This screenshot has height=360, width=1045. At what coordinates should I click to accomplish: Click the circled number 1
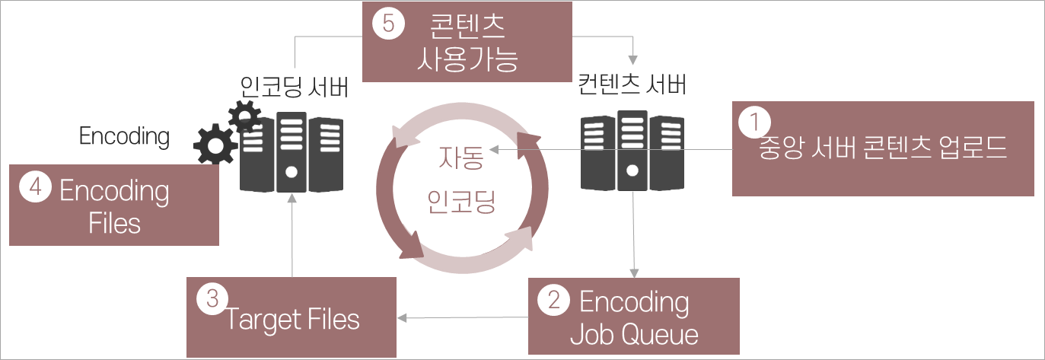pos(754,121)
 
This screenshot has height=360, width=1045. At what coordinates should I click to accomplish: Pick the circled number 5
pos(387,24)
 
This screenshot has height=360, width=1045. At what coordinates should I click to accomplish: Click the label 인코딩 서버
pos(293,86)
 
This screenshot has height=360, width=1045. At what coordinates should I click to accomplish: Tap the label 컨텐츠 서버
pos(632,84)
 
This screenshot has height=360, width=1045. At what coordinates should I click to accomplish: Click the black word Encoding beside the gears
pos(124,136)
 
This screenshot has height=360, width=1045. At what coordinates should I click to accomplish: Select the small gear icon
pos(244,116)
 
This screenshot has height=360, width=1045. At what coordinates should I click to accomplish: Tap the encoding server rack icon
pos(292,151)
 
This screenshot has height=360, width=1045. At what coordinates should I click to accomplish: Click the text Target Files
pos(293,320)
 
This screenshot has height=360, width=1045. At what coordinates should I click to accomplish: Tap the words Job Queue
pos(633,333)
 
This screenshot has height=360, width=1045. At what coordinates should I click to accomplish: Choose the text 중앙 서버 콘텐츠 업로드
pos(883,148)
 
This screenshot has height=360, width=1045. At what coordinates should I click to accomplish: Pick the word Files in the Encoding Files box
pos(114,223)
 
